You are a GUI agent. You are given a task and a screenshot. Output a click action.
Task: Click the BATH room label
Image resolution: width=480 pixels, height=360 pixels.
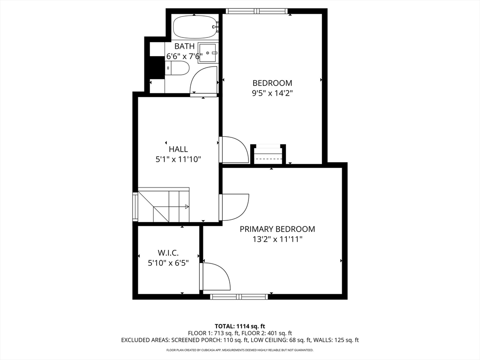pyautogui.click(x=184, y=46)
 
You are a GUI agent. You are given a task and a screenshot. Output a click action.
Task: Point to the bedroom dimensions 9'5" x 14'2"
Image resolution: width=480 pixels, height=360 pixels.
pyautogui.click(x=272, y=93)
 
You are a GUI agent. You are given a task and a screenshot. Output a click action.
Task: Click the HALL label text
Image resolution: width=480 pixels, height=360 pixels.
pyautogui.click(x=178, y=150)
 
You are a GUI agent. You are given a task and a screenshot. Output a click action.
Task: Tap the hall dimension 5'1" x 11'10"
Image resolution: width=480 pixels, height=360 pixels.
pyautogui.click(x=178, y=159)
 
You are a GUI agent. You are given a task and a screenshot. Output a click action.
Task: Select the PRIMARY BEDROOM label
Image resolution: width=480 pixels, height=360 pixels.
pyautogui.click(x=277, y=229)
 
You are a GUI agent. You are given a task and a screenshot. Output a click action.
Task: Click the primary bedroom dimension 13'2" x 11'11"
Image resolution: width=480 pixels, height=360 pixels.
pyautogui.click(x=277, y=239)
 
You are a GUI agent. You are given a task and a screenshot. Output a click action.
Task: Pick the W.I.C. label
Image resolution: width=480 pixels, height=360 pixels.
pyautogui.click(x=168, y=253)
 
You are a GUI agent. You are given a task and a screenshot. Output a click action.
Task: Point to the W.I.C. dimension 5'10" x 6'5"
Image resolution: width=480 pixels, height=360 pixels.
pyautogui.click(x=168, y=263)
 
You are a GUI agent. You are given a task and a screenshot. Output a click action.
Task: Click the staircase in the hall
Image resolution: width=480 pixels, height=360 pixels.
pyautogui.click(x=164, y=205)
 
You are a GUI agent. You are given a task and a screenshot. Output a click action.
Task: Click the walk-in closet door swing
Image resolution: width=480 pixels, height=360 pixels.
pyautogui.click(x=216, y=277)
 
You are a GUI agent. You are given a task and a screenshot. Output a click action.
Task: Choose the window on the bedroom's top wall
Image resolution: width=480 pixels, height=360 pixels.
pyautogui.click(x=257, y=11)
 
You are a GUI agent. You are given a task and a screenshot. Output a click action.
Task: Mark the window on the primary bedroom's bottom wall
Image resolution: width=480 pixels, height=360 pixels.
pyautogui.click(x=239, y=297)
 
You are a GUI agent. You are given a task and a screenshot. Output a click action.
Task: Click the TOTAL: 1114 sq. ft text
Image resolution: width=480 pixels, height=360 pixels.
pyautogui.click(x=240, y=326)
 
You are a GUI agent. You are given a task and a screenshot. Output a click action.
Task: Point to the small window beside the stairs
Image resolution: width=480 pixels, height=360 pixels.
pyautogui.click(x=135, y=206)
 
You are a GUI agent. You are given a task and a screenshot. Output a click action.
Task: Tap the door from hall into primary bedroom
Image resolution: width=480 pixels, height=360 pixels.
pyautogui.click(x=234, y=207)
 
